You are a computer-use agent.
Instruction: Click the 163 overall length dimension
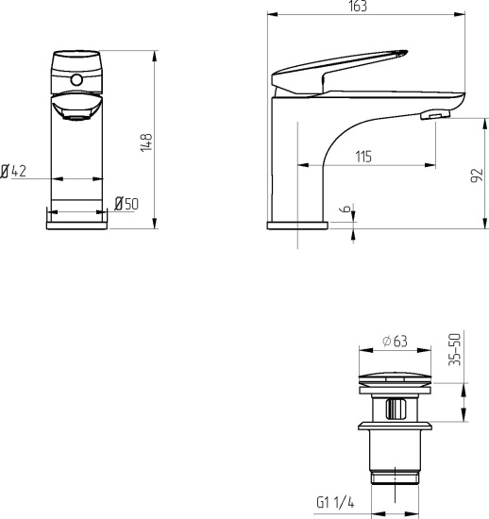point(358,7)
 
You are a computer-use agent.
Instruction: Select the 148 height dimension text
point(146,142)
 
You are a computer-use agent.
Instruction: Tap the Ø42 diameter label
point(13,171)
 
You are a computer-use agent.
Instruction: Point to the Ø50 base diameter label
point(126,204)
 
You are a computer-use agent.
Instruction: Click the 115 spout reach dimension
point(363,157)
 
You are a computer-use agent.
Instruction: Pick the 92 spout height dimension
point(477,176)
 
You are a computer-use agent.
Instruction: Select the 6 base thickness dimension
point(346,209)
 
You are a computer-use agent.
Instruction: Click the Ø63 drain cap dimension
point(395,342)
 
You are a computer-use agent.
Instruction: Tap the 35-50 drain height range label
point(455,349)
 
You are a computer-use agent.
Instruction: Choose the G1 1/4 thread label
point(335,502)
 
